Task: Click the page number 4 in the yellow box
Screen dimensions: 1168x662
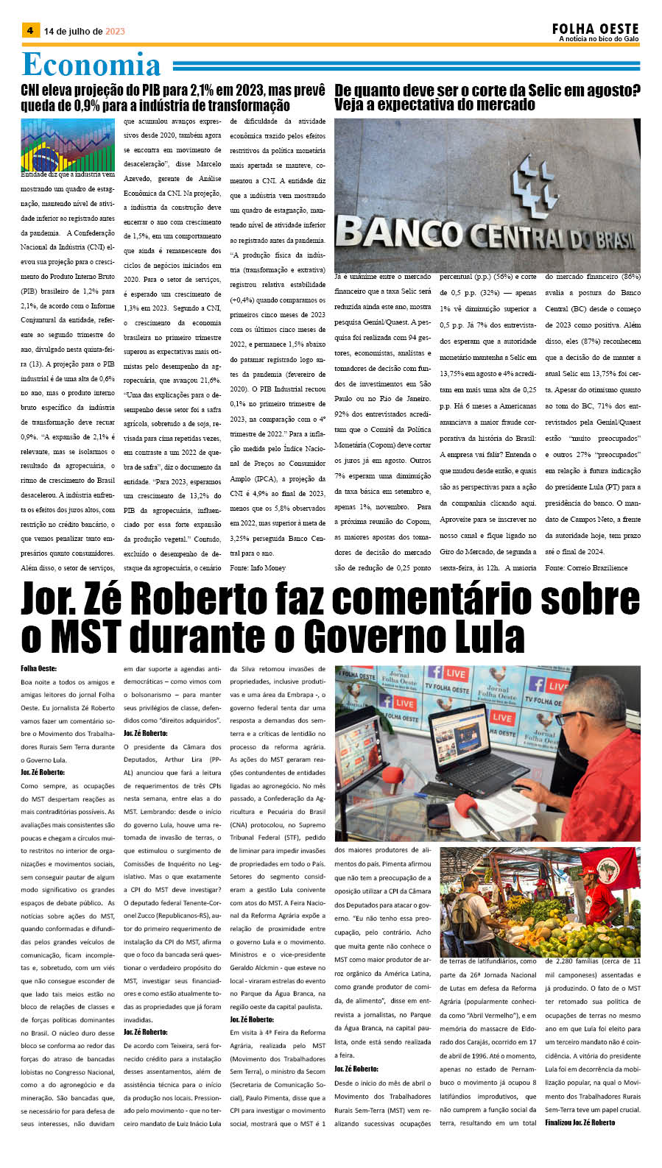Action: (29, 30)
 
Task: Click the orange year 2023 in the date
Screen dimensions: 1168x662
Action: (115, 32)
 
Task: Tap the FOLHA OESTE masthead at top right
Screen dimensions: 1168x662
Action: (595, 28)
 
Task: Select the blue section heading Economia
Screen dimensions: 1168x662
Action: (91, 65)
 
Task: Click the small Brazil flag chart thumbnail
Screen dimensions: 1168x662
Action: (68, 146)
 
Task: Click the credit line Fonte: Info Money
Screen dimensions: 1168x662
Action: (258, 567)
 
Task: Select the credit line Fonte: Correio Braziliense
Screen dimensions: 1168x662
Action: (586, 567)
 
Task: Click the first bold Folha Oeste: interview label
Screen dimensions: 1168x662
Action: (39, 669)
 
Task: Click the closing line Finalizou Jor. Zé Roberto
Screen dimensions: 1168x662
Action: (580, 1122)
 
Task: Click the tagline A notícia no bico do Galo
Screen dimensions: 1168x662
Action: (599, 39)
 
